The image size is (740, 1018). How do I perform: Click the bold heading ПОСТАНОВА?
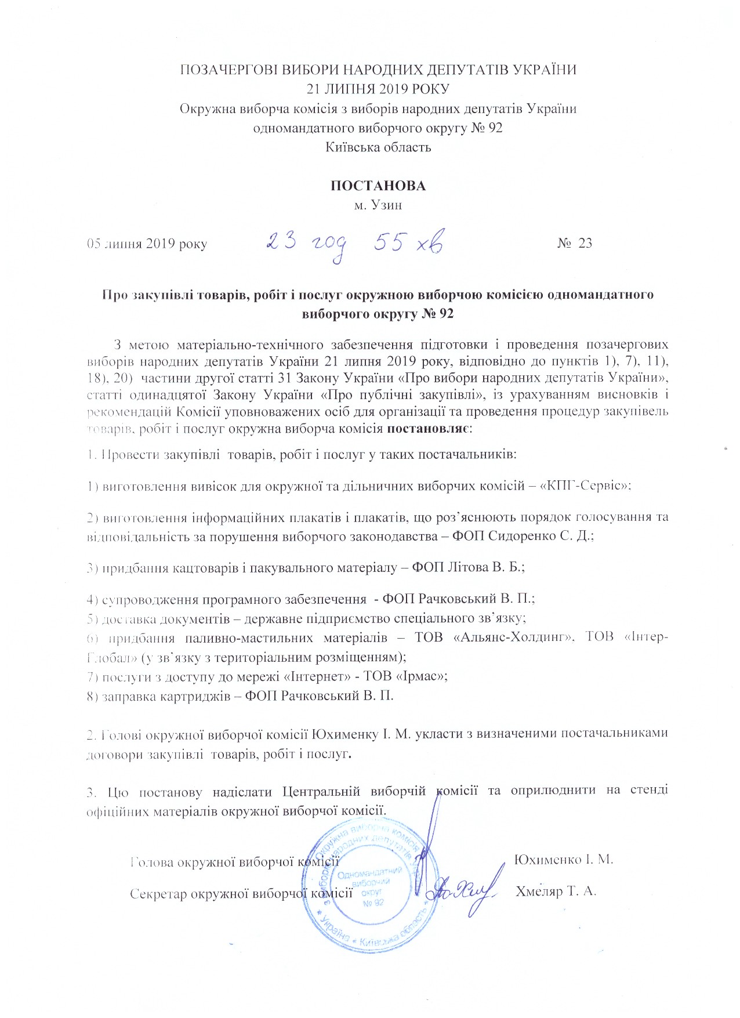tap(378, 186)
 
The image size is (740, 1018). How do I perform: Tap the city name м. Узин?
tap(378, 205)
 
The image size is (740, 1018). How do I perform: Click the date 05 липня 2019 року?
tap(147, 244)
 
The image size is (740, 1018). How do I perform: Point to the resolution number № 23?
tap(575, 242)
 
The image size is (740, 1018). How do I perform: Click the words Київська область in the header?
tap(378, 147)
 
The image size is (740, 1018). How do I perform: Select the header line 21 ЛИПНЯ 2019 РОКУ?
tap(378, 89)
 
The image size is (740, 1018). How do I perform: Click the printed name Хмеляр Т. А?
tap(556, 891)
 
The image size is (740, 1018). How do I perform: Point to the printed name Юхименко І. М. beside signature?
tap(564, 859)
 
